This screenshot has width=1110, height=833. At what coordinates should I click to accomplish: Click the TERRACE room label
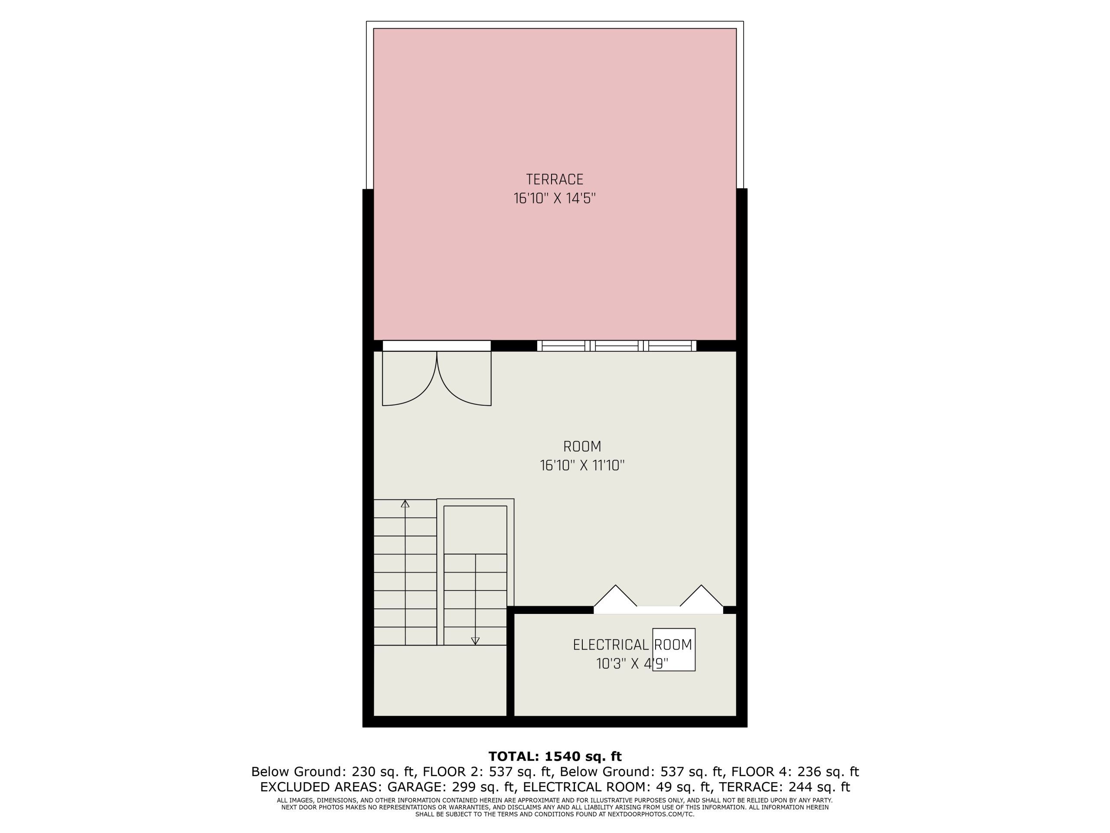pyautogui.click(x=555, y=179)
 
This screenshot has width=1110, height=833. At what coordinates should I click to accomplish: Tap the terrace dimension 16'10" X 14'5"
pyautogui.click(x=555, y=198)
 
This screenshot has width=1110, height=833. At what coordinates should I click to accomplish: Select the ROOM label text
pyautogui.click(x=582, y=446)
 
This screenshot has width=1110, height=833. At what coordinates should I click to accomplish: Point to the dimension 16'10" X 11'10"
pyautogui.click(x=582, y=466)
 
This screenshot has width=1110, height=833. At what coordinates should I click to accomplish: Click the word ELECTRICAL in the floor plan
pyautogui.click(x=610, y=645)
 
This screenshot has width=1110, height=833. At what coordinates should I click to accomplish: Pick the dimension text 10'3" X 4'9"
pyautogui.click(x=632, y=664)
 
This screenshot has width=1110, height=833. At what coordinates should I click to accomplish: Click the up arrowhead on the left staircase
pyautogui.click(x=405, y=504)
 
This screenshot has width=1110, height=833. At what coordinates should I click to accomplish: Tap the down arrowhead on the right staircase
pyautogui.click(x=475, y=641)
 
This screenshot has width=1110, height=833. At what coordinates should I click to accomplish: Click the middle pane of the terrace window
pyautogui.click(x=616, y=346)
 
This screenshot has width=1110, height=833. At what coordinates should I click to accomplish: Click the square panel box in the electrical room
pyautogui.click(x=674, y=650)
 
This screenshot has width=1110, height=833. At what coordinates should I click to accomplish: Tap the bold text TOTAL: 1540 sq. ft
pyautogui.click(x=555, y=756)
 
